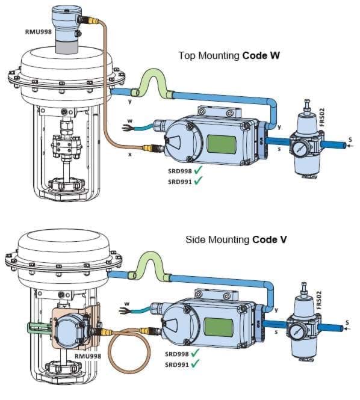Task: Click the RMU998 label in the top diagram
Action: tap(39, 32)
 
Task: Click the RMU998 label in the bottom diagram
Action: tap(87, 356)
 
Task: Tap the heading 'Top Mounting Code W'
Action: tap(229, 55)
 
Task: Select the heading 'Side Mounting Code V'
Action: tap(236, 239)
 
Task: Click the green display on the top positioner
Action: tap(222, 144)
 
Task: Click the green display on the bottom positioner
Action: tap(219, 327)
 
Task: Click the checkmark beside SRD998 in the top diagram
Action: tap(198, 170)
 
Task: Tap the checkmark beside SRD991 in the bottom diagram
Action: tap(195, 364)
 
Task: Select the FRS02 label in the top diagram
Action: tap(321, 117)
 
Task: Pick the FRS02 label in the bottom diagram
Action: tap(318, 300)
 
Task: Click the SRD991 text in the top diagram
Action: tap(180, 182)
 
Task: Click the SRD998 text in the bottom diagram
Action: tap(177, 354)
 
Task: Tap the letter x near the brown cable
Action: tap(130, 155)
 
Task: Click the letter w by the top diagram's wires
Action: tap(130, 121)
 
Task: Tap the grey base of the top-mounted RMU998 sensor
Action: tap(66, 47)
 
